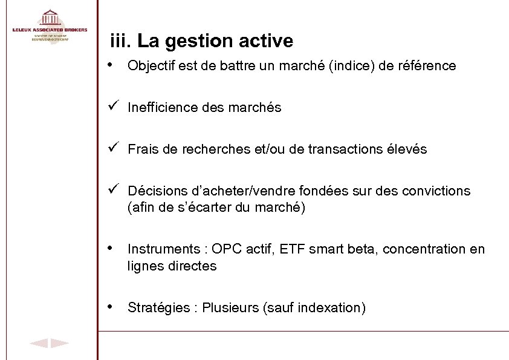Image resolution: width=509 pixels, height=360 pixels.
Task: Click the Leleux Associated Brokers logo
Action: [50, 25]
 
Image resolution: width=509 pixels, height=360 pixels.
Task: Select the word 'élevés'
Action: [407, 149]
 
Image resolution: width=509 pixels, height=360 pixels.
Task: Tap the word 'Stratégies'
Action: [158, 308]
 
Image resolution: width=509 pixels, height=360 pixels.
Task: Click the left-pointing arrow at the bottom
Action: [39, 344]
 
